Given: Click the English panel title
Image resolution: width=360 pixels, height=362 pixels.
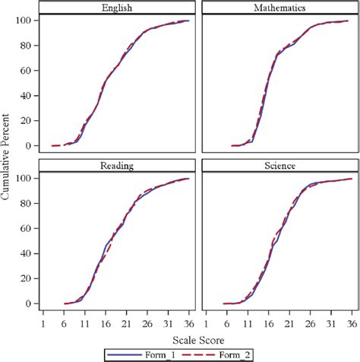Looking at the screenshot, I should click(115, 8).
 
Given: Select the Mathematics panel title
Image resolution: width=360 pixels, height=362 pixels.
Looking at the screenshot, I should click(279, 8).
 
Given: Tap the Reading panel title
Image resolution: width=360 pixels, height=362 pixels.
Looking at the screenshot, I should click(115, 165).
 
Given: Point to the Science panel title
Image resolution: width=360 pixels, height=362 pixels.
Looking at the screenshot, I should click(279, 165).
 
